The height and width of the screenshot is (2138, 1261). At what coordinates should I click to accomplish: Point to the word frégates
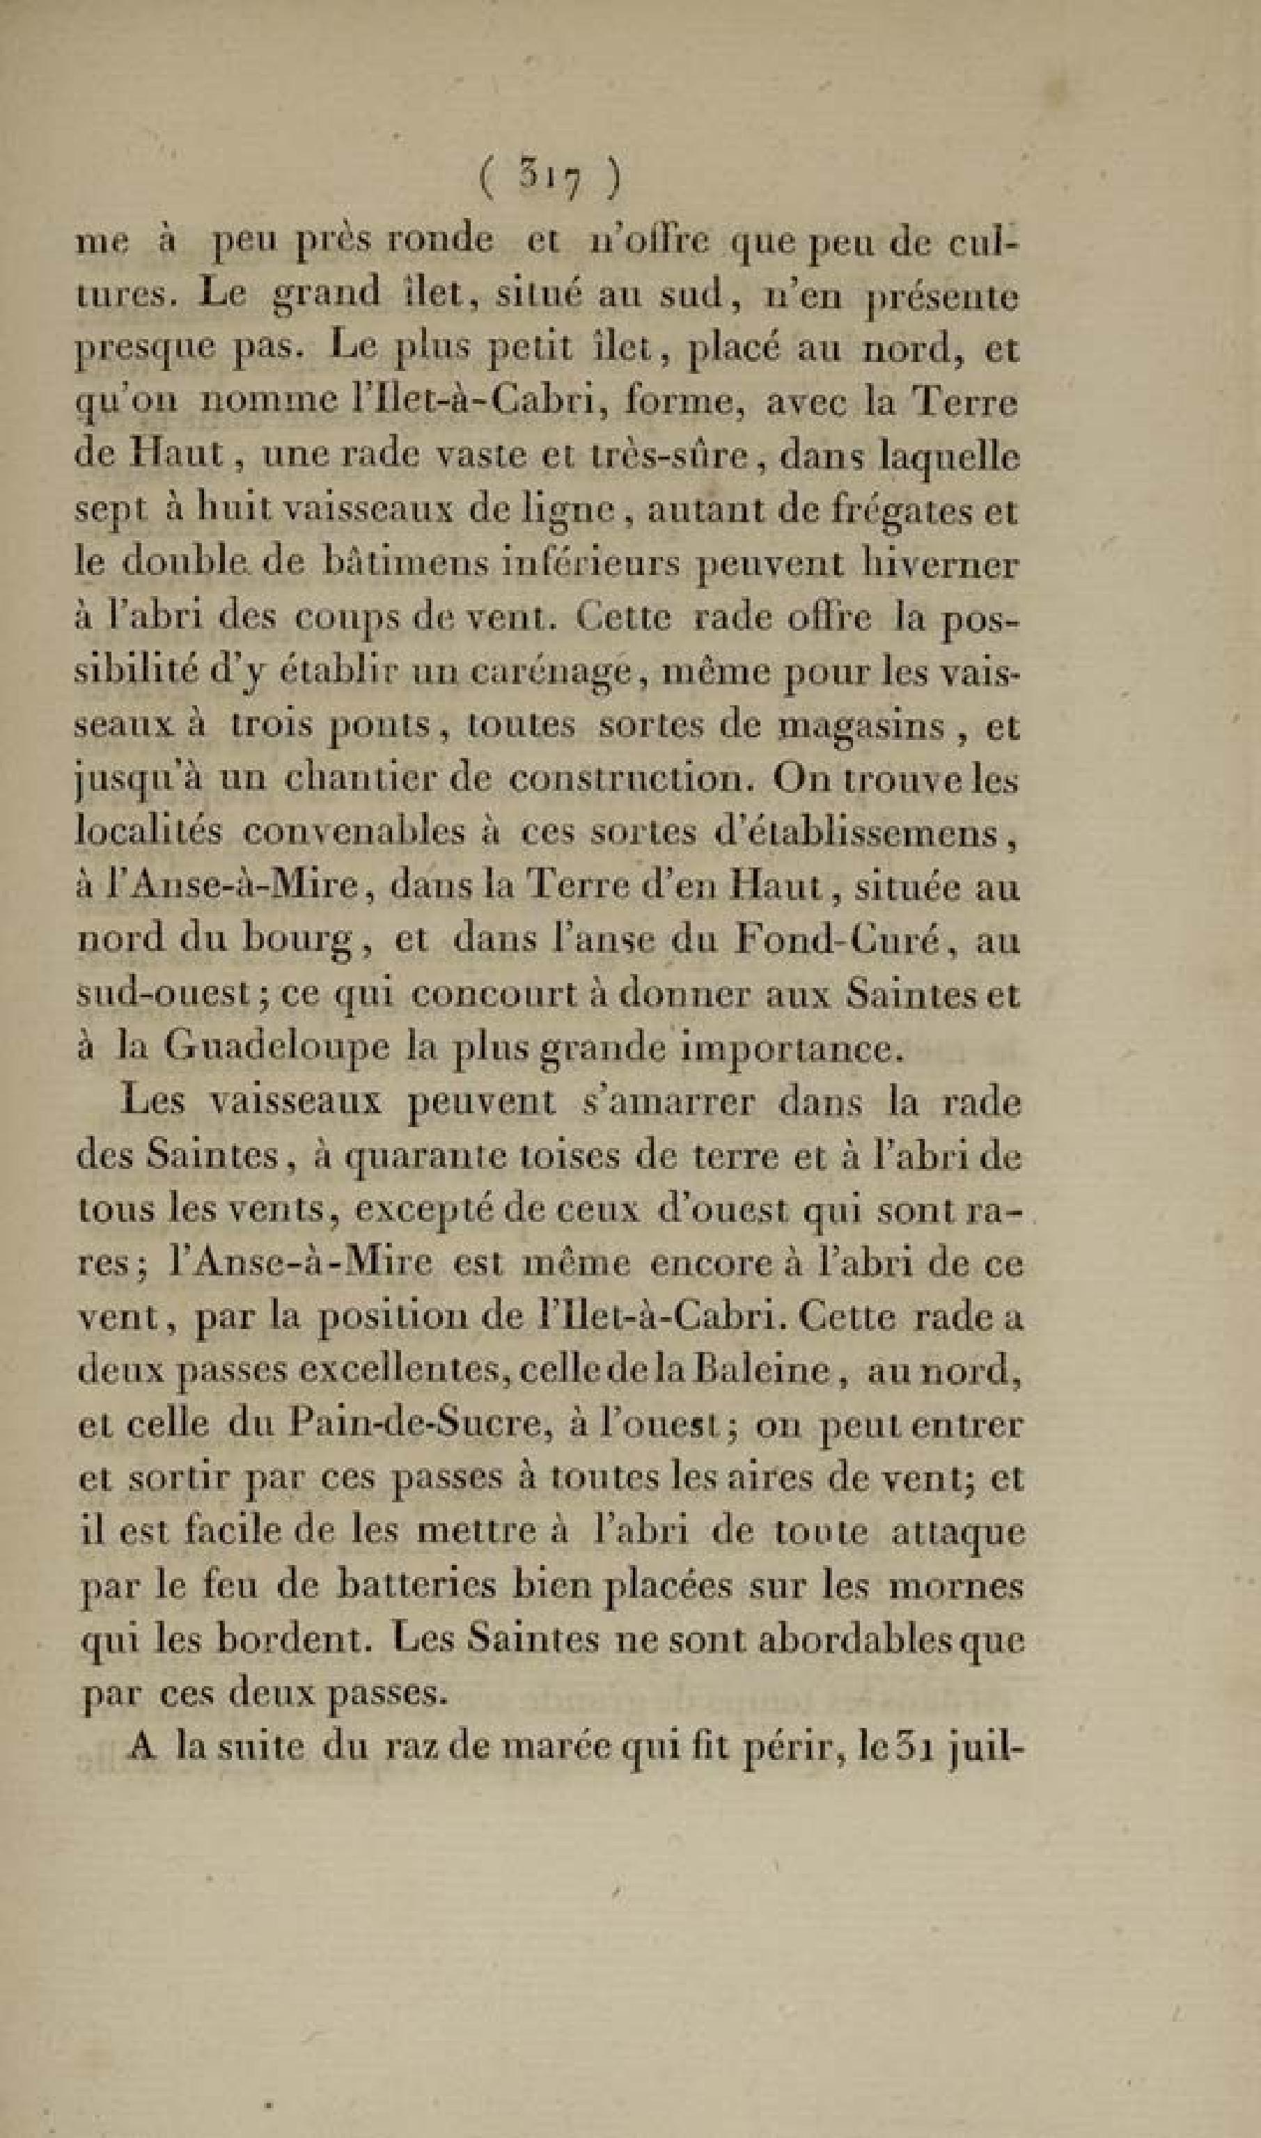(x=901, y=512)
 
